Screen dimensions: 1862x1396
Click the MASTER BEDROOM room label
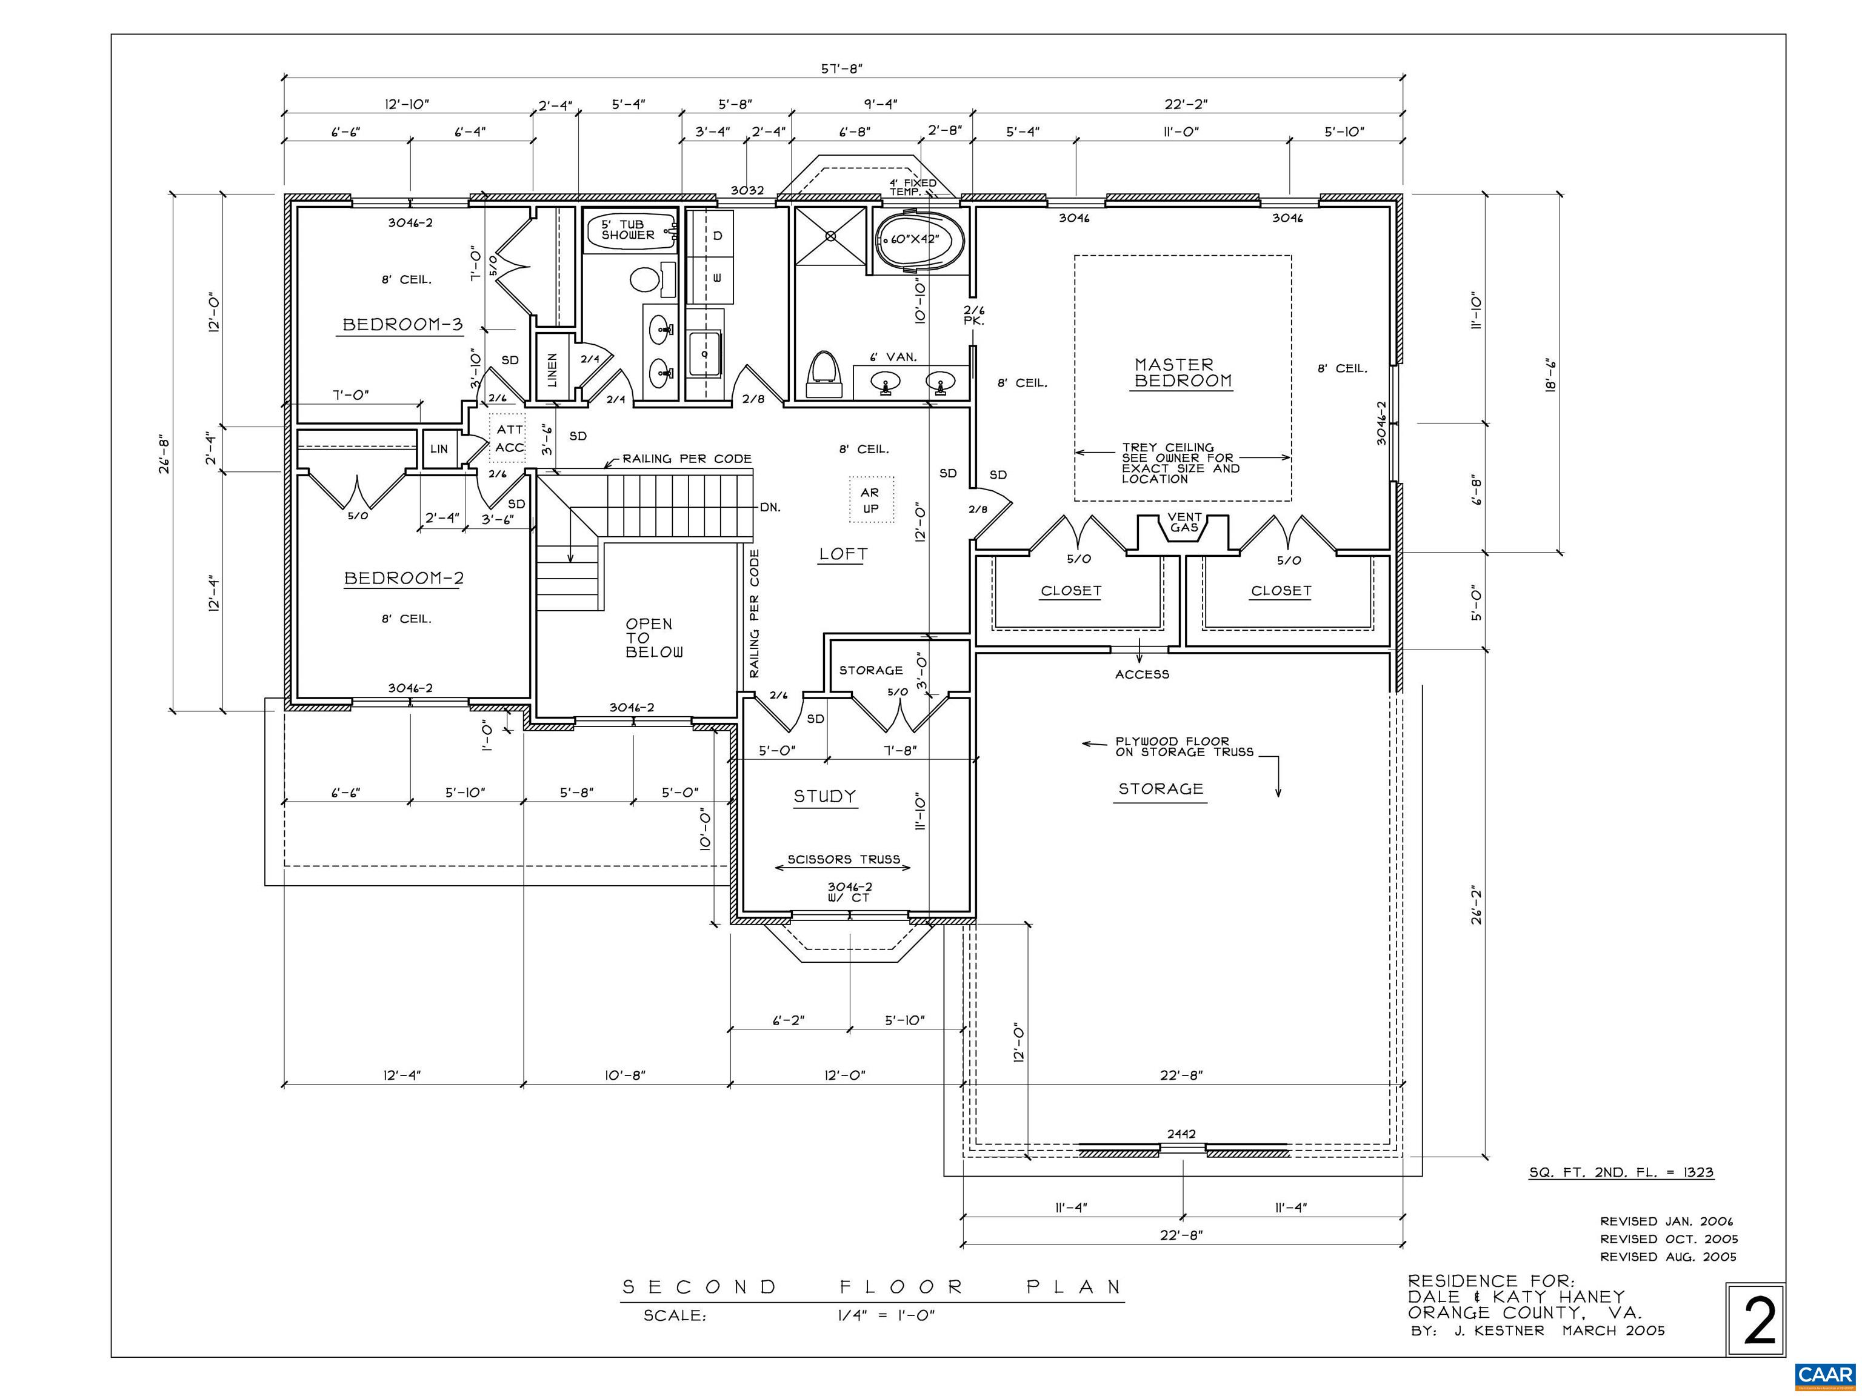point(1183,373)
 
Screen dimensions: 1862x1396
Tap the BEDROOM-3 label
point(402,325)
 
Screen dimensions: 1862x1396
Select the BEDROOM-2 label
point(404,578)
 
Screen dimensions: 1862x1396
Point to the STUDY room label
point(825,796)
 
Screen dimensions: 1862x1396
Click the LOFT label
point(843,554)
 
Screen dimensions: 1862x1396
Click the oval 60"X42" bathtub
point(919,240)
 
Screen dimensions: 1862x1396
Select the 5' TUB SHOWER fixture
point(632,230)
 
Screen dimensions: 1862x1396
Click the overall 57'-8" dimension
point(843,69)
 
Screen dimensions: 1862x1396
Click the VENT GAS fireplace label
point(1184,522)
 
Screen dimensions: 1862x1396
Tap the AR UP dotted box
point(870,500)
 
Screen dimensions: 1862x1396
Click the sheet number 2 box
point(1756,1320)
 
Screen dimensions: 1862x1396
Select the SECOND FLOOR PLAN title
point(872,1286)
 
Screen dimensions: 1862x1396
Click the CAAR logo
point(1825,1375)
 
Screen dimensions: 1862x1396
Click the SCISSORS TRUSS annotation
point(844,859)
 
